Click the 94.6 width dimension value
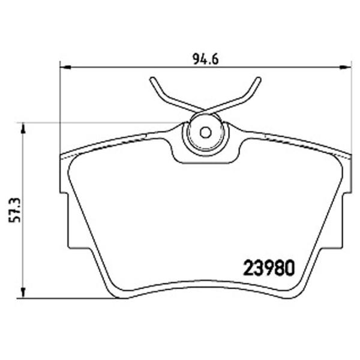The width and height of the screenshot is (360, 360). point(206,59)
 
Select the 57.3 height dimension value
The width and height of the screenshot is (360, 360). point(14,211)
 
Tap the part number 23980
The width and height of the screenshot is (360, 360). point(269,268)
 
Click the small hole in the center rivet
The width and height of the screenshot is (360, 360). point(205,133)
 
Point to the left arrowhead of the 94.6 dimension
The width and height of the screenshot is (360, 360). point(65,67)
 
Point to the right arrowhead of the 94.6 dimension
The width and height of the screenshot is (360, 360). point(346,67)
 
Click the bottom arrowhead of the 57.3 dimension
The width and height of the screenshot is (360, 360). point(23,293)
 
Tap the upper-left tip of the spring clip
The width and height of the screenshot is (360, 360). point(152,79)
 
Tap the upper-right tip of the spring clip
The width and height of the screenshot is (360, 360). point(259,79)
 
